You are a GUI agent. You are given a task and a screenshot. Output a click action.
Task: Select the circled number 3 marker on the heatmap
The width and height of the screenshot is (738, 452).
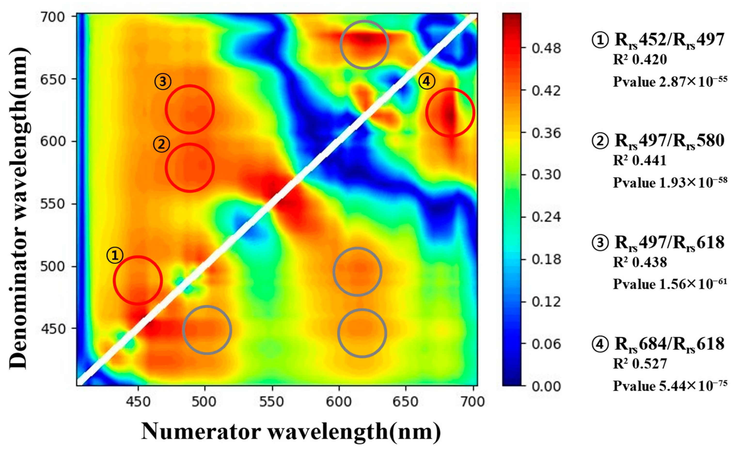pos(163,81)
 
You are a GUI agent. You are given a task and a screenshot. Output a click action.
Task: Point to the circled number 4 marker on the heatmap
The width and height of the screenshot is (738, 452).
pos(426,81)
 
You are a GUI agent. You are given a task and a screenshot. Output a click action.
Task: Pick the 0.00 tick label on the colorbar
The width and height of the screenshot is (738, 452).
pos(545,386)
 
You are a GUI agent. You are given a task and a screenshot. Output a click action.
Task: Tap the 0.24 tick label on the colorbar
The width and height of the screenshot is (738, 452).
pos(545,217)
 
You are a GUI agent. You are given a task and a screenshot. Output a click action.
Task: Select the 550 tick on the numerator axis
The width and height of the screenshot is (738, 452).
pos(272,402)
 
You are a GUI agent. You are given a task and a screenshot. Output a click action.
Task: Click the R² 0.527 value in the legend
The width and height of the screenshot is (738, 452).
pos(640,364)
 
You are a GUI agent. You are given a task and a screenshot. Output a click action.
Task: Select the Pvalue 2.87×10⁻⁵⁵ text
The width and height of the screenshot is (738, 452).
pos(670,81)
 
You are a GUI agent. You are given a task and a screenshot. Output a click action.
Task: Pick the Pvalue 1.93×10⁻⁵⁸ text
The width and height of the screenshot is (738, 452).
pos(670,183)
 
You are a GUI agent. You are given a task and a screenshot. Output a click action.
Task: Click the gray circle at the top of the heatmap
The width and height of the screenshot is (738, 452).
pos(364,45)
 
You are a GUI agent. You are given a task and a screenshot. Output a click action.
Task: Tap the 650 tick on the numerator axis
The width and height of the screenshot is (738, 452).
pos(406,402)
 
